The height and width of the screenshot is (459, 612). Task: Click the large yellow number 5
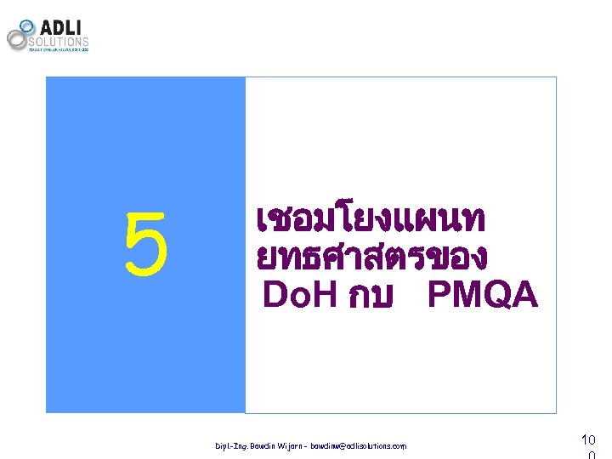pyautogui.click(x=146, y=246)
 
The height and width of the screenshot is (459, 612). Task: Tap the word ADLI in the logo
pyautogui.click(x=59, y=26)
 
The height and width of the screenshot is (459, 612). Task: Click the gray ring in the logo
pyautogui.click(x=17, y=39)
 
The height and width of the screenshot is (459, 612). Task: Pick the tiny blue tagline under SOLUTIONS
pyautogui.click(x=59, y=50)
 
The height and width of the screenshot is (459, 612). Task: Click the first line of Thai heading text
pyautogui.click(x=370, y=221)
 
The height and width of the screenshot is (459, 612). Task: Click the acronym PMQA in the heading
pyautogui.click(x=483, y=295)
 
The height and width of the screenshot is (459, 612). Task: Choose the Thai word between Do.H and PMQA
pyautogui.click(x=370, y=297)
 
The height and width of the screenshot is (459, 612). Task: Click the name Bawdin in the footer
pyautogui.click(x=270, y=445)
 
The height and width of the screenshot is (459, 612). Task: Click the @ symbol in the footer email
pyautogui.click(x=359, y=445)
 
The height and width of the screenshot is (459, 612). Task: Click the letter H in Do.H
pyautogui.click(x=326, y=295)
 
